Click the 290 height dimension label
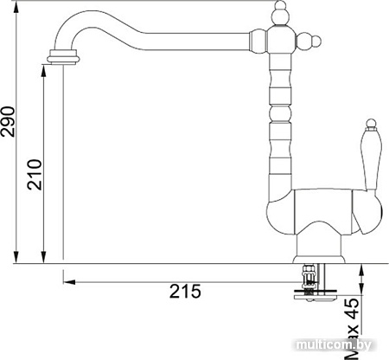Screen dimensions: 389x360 (8, 121)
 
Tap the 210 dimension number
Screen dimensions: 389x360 (35, 175)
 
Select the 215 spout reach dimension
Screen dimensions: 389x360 (185, 291)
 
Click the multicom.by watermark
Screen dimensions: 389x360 (334, 345)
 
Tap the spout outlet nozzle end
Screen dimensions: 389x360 (63, 56)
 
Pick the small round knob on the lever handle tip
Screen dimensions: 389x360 (371, 123)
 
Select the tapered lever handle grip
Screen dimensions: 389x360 (371, 158)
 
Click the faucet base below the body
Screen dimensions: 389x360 (319, 249)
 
